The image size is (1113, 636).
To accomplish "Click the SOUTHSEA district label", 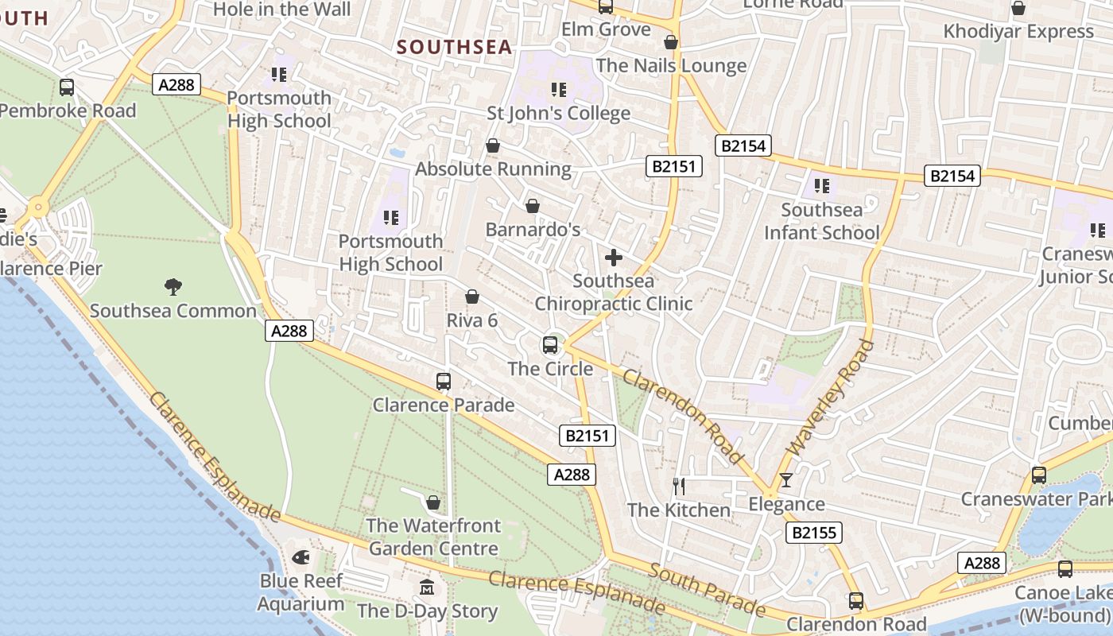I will tap(455, 47).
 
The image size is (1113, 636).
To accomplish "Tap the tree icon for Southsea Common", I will tap(173, 286).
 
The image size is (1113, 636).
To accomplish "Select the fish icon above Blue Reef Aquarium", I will tap(301, 557).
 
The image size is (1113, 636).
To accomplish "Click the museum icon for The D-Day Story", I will tap(428, 588).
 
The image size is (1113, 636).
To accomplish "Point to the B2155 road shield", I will tap(813, 533).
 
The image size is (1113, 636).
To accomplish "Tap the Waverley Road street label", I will tap(830, 397).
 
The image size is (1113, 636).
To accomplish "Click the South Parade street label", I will tap(707, 589).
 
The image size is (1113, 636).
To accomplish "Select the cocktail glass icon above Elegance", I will tap(785, 479).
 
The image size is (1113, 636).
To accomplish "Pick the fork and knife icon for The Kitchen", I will tap(679, 486).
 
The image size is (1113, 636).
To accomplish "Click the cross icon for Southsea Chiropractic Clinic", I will tap(614, 258).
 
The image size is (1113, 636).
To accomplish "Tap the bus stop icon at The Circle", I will tap(550, 345).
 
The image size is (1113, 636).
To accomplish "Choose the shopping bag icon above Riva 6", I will tap(472, 297).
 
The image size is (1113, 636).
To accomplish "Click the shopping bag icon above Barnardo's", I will tap(533, 206).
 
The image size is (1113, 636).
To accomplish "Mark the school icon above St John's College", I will tap(558, 89).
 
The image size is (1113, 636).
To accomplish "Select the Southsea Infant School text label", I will tap(821, 222).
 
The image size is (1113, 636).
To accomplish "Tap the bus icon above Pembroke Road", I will tap(67, 87).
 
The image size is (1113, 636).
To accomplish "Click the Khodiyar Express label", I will tap(1018, 32).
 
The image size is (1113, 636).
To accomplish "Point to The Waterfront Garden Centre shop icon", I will tap(433, 502).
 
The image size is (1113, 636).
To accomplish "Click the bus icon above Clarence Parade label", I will tap(444, 382).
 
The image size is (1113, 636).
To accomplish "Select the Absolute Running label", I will tap(493, 169).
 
